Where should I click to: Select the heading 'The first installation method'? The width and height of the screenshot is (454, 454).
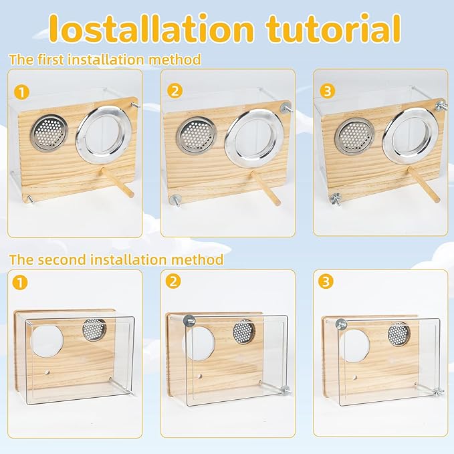(105, 60)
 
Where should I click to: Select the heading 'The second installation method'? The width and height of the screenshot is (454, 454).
(116, 259)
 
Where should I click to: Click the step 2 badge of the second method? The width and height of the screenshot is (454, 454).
(175, 281)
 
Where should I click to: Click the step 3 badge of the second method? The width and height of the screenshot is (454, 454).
(328, 281)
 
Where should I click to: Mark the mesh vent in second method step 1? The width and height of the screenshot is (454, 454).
(94, 328)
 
